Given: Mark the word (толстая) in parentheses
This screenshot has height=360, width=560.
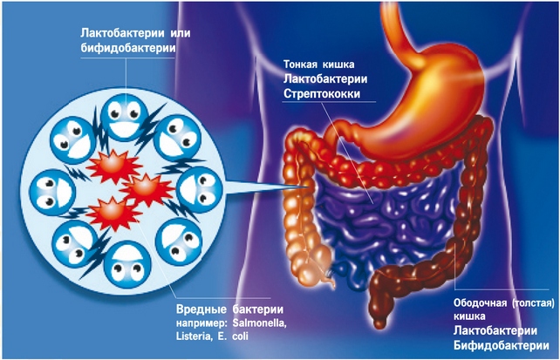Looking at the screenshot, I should pyautogui.click(x=531, y=304).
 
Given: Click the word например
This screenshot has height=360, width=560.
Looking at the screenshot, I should pyautogui.click(x=202, y=323).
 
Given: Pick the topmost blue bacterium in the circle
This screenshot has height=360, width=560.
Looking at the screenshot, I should pyautogui.click(x=125, y=112).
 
